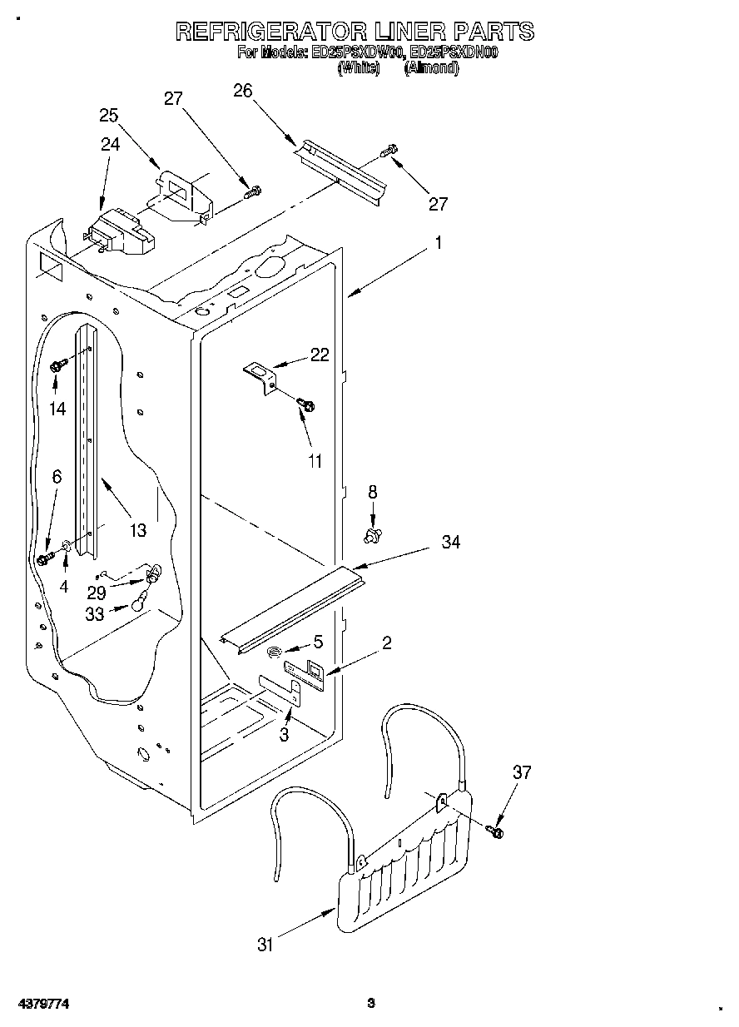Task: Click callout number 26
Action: (x=243, y=91)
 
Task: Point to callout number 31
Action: (x=265, y=945)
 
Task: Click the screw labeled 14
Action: (x=57, y=365)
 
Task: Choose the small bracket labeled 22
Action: (x=260, y=372)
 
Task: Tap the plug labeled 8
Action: (x=373, y=533)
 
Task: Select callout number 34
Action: (x=451, y=542)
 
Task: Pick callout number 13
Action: (x=137, y=529)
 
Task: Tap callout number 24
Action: (x=111, y=144)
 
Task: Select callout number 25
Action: (x=109, y=116)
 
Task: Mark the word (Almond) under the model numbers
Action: (x=431, y=68)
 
